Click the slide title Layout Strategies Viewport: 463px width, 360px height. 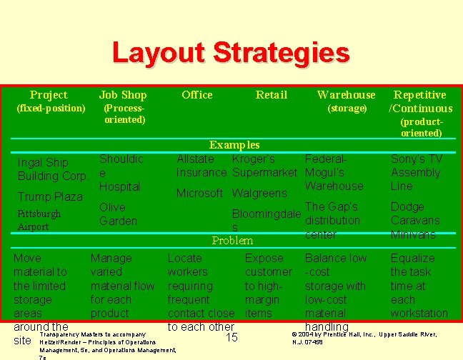231,53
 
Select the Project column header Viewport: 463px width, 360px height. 49,95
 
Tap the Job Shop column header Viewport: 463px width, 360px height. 123,95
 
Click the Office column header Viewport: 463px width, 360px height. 196,95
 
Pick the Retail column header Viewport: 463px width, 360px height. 272,95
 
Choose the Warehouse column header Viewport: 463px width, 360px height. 346,95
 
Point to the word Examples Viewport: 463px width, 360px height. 234,145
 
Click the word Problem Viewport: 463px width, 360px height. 232,241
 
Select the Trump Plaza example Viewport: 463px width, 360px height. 50,196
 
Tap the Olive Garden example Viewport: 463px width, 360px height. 118,214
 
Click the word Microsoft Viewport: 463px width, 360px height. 201,193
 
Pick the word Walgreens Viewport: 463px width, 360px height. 259,193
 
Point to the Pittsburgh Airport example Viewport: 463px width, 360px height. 39,220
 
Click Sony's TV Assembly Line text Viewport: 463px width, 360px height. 416,172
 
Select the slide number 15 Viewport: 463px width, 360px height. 231,337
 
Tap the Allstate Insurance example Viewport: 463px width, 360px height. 201,166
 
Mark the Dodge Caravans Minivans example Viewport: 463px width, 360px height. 415,220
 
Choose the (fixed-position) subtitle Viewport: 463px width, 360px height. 51,109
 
